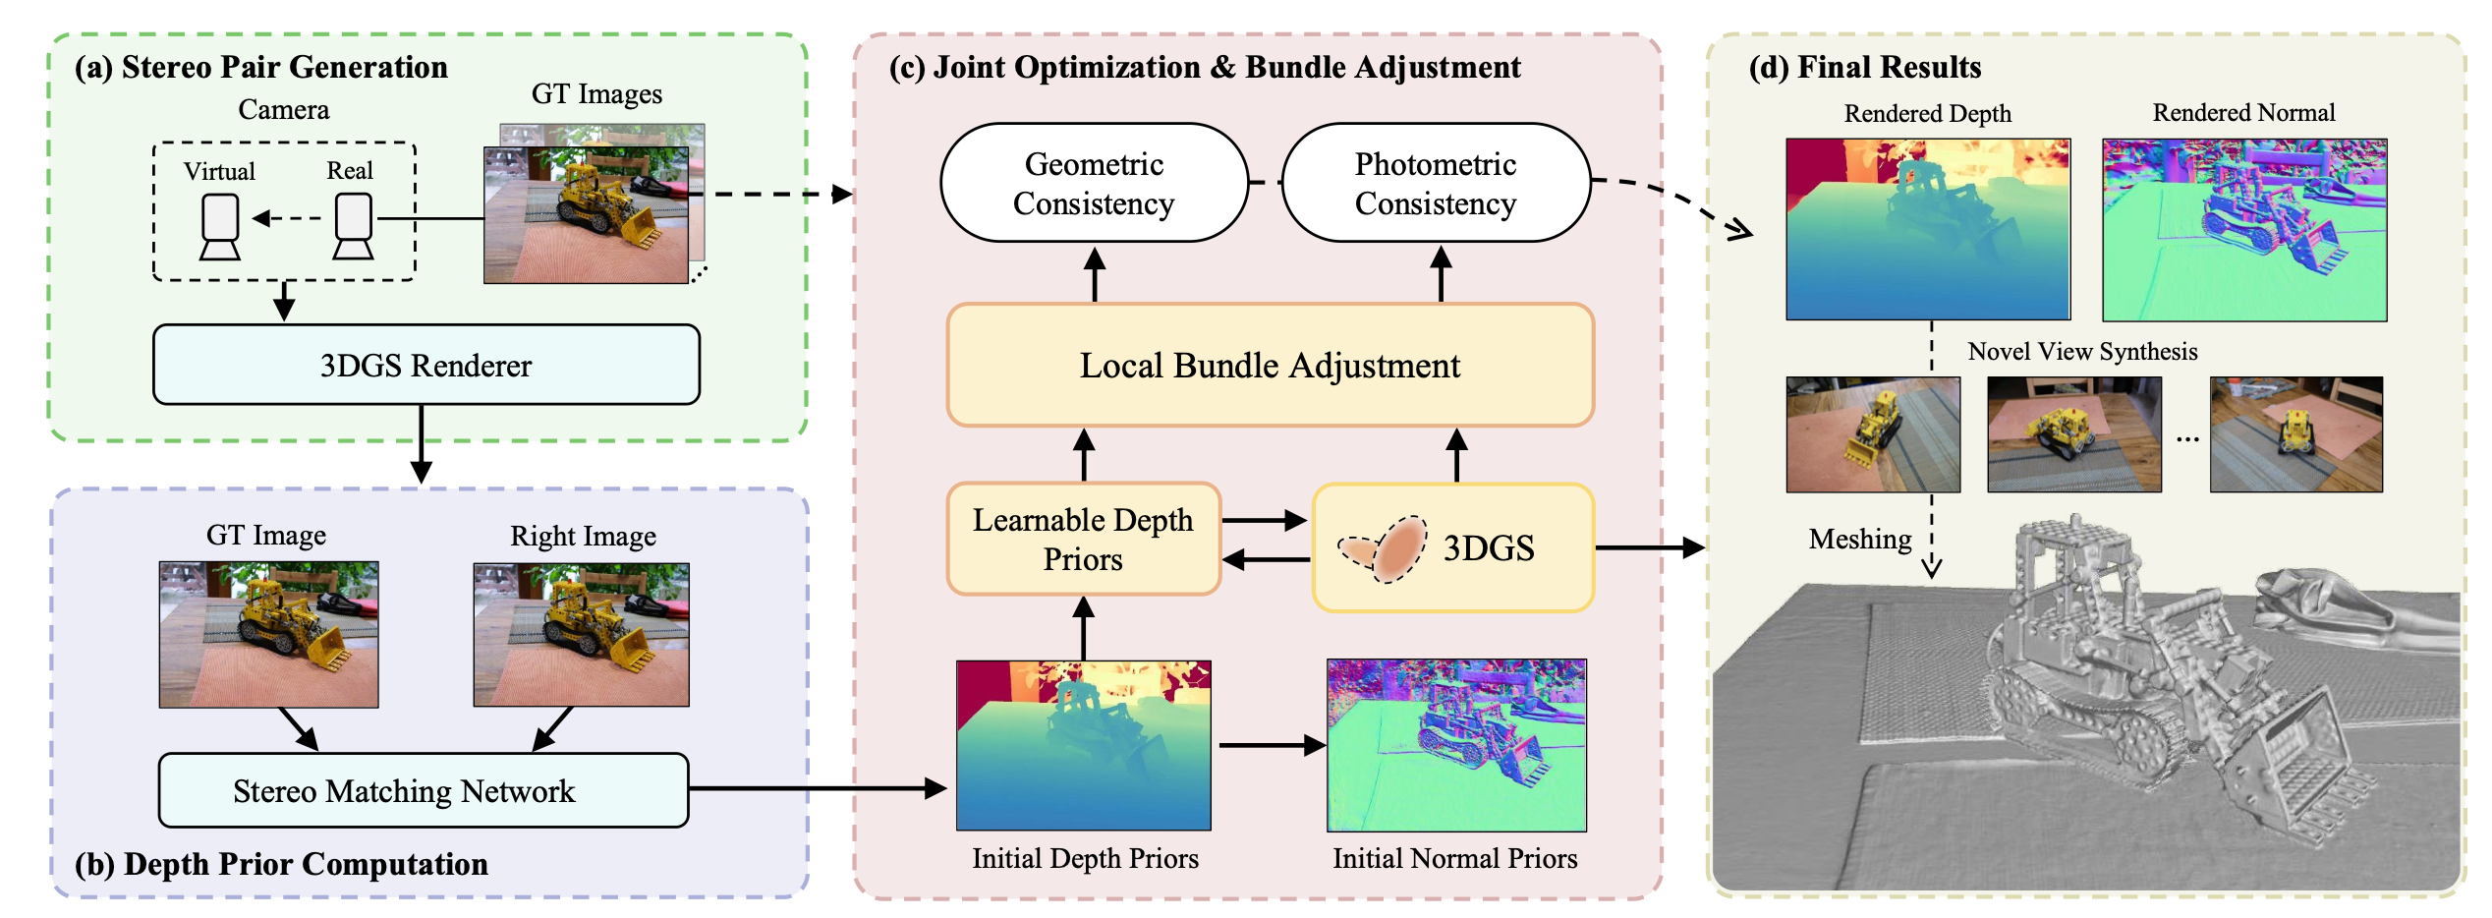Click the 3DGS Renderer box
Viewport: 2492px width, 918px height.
pos(425,365)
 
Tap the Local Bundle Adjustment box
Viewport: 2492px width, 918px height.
pos(1270,365)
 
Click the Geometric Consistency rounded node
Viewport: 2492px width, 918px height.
pos(1094,183)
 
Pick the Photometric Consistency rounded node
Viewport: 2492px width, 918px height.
pos(1436,183)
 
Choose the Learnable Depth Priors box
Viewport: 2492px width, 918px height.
pos(1083,539)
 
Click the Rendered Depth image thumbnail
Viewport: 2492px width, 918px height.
pos(1928,229)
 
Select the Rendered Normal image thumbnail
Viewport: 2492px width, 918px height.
pos(2244,229)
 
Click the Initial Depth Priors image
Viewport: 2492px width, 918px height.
pos(1084,745)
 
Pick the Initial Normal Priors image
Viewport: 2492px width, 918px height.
pos(1456,745)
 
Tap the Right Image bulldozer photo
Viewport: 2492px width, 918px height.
pos(582,635)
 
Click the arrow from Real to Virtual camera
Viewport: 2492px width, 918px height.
pos(287,218)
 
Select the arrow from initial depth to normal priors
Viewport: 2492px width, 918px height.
pos(1273,745)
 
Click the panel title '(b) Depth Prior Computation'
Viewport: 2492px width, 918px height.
pos(281,863)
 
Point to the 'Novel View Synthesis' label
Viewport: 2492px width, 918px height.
pos(2082,352)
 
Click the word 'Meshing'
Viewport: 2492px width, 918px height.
pos(1860,539)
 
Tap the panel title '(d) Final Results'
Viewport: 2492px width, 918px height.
pos(1865,67)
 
